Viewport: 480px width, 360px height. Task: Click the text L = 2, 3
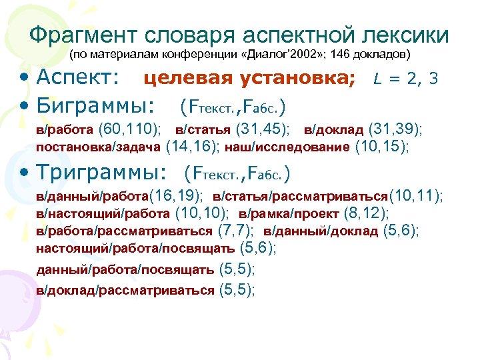click(x=405, y=79)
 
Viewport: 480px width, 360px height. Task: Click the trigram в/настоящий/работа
click(x=103, y=213)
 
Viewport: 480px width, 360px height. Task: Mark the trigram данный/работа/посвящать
click(x=125, y=269)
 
